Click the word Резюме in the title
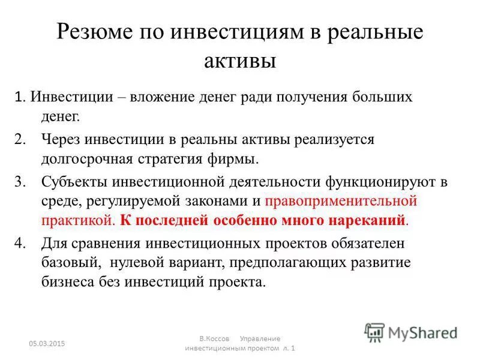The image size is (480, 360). (x=95, y=32)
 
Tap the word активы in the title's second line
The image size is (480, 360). (x=239, y=60)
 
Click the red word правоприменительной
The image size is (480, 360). (x=341, y=200)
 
